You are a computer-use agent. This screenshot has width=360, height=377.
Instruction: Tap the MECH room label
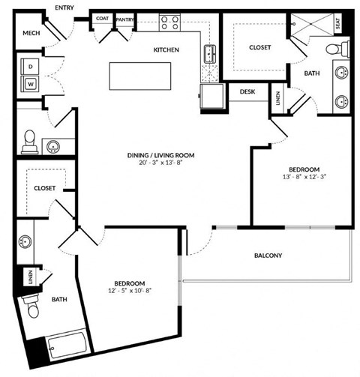pos(31,33)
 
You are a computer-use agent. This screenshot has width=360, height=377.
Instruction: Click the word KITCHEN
pos(166,50)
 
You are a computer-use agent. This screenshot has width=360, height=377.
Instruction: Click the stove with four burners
pos(169,22)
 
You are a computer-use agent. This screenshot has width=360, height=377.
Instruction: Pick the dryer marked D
pos(31,65)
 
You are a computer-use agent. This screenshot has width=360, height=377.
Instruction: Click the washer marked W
pos(31,83)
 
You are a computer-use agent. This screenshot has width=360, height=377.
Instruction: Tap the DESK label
pos(248,92)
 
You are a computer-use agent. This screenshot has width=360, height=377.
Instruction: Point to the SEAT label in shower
pos(346,24)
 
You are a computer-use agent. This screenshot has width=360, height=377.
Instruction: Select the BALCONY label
pos(267,256)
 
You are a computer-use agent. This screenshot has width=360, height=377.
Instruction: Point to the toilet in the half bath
pos(30,139)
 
